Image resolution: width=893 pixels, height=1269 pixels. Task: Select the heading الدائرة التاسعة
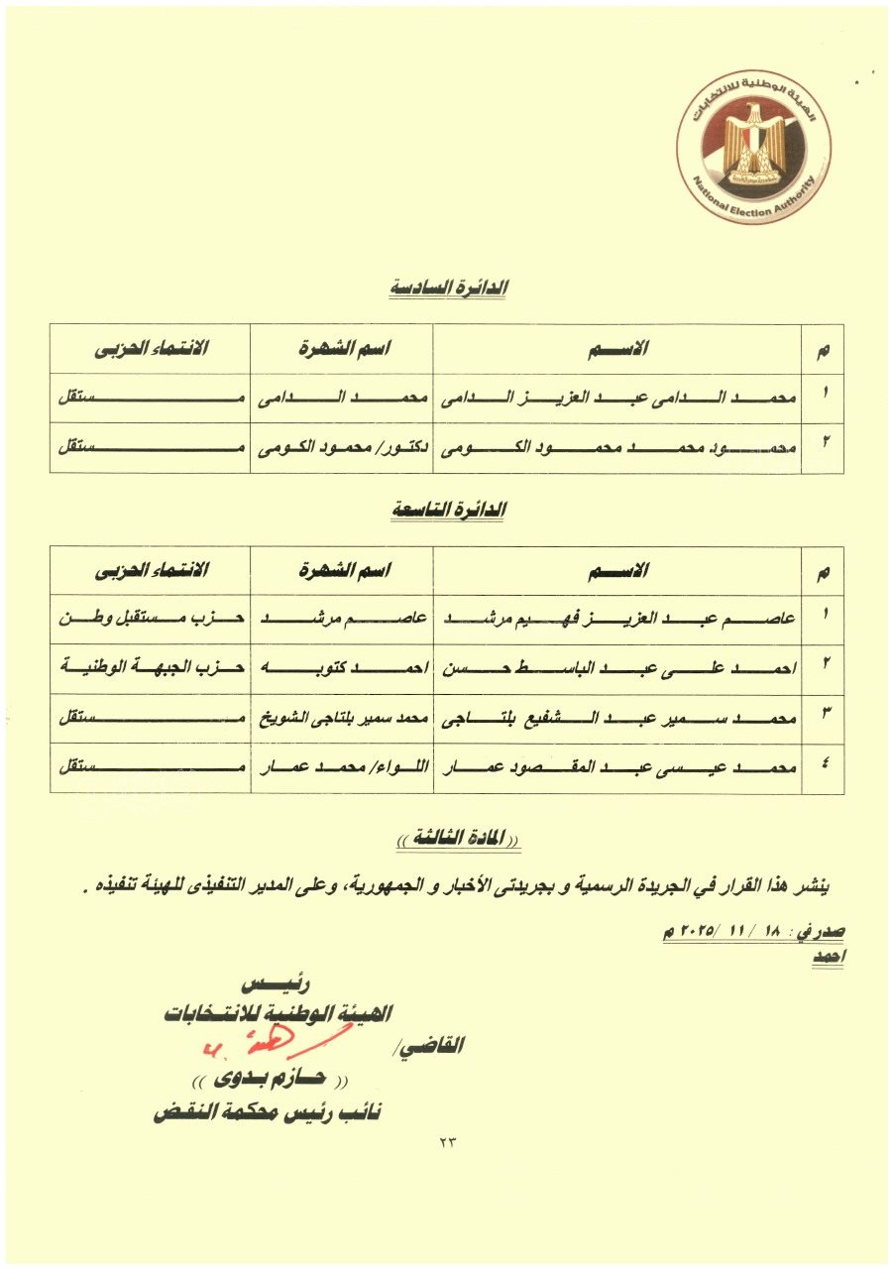[x=447, y=510]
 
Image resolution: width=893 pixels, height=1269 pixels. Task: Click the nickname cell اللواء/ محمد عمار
[x=341, y=767]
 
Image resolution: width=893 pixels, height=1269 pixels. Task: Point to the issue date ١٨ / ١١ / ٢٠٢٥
[x=729, y=933]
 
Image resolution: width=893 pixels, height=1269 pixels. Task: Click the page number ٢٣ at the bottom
[x=446, y=1142]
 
